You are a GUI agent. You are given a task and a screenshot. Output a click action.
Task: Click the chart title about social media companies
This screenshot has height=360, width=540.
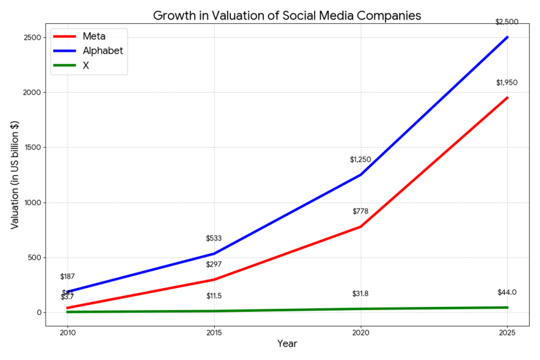(x=287, y=15)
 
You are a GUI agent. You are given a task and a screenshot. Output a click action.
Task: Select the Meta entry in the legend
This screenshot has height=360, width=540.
(x=94, y=37)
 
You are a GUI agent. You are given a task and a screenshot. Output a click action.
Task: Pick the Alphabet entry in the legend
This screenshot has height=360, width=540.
(x=103, y=51)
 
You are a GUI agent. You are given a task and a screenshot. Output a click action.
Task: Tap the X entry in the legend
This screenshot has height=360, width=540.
(x=85, y=65)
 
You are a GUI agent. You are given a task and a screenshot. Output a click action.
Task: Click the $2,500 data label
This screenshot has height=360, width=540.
(x=507, y=22)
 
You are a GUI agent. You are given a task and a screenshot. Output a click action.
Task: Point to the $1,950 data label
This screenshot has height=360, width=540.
(x=507, y=82)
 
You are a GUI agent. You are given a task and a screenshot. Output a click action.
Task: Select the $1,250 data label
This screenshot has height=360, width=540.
(x=360, y=159)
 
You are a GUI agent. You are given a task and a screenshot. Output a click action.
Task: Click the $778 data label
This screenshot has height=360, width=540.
(x=360, y=211)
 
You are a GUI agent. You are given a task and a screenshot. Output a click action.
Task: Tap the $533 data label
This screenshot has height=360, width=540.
(x=214, y=238)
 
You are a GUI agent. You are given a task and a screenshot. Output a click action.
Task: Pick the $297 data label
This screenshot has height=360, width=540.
(x=214, y=264)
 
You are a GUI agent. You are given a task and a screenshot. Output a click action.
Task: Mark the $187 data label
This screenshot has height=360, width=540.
(x=67, y=276)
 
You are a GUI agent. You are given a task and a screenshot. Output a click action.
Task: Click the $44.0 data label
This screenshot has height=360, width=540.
(x=507, y=292)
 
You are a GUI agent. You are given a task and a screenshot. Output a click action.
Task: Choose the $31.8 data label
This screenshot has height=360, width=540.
(x=360, y=293)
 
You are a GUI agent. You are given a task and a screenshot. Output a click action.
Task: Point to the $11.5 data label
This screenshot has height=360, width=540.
(x=214, y=296)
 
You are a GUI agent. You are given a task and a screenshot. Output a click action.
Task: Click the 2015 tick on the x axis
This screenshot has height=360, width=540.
(x=214, y=333)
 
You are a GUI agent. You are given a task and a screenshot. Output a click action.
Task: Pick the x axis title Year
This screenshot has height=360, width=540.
(x=287, y=344)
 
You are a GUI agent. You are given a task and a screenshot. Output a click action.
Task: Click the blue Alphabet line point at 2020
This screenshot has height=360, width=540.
(x=360, y=175)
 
